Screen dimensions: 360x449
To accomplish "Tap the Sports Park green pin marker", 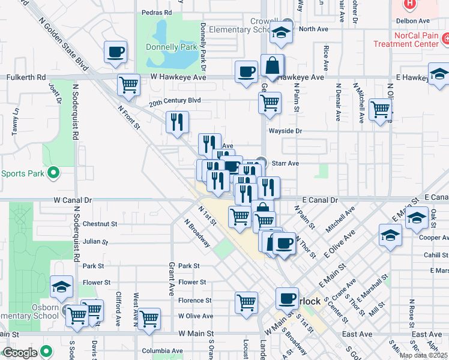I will pos(53,173).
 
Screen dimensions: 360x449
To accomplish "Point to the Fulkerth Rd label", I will pos(25,77).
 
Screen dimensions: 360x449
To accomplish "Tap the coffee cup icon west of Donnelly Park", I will pos(116,52).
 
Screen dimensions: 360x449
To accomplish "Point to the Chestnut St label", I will pos(100,224).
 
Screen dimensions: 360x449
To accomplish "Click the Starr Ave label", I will pos(285,163).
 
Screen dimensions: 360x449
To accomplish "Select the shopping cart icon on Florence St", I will pos(246,302).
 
